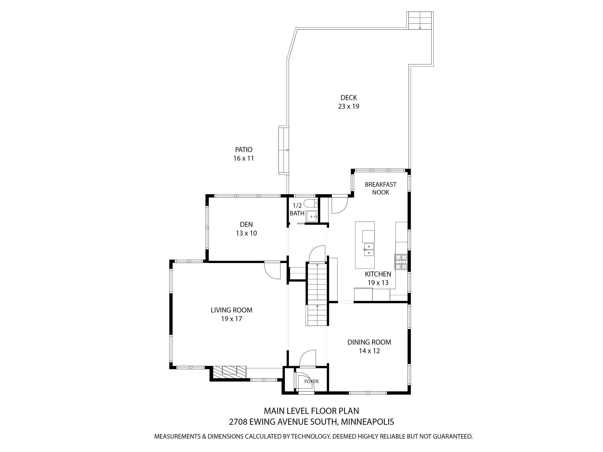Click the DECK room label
[348, 98]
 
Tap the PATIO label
[244, 150]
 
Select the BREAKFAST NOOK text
[380, 188]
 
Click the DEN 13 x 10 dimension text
[246, 233]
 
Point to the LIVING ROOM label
[231, 310]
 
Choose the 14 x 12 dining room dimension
[369, 351]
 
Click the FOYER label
[311, 381]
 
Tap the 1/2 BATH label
[297, 209]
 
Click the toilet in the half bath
[311, 204]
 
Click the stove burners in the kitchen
[401, 262]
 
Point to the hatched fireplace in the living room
[229, 372]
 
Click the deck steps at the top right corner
[420, 20]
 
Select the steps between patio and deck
[283, 150]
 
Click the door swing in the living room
[272, 270]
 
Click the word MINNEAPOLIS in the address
[367, 422]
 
